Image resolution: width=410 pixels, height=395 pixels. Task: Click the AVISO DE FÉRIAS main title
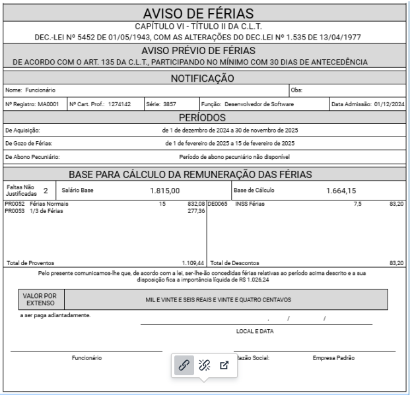pyautogui.click(x=205, y=13)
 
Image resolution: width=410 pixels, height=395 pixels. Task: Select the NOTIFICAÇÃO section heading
pyautogui.click(x=205, y=78)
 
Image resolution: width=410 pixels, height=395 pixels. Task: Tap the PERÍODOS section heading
pyautogui.click(x=205, y=117)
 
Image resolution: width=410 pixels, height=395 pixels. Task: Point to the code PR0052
pyautogui.click(x=13, y=205)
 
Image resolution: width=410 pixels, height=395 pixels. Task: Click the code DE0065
pyautogui.click(x=217, y=205)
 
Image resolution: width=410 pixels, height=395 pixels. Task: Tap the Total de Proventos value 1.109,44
pyautogui.click(x=193, y=262)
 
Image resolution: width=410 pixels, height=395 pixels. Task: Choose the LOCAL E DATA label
pyautogui.click(x=255, y=331)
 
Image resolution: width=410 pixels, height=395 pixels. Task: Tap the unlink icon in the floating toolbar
pyautogui.click(x=205, y=364)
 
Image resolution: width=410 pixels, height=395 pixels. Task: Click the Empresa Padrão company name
pyautogui.click(x=333, y=358)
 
